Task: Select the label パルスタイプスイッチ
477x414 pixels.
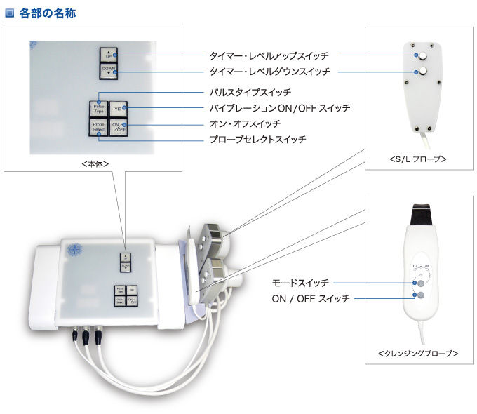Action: tap(250, 92)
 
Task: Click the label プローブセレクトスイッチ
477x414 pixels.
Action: tap(257, 140)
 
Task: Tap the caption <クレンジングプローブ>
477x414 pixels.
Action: tap(418, 354)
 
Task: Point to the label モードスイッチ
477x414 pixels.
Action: tap(300, 283)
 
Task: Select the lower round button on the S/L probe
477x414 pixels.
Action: tap(423, 72)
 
